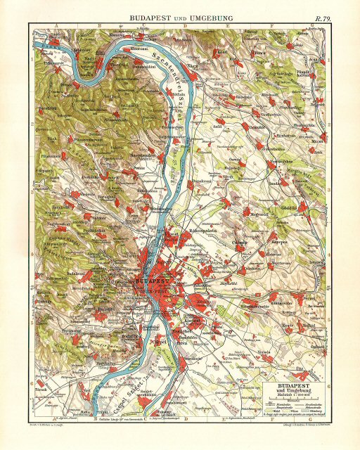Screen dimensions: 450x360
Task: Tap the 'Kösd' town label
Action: (x=222, y=51)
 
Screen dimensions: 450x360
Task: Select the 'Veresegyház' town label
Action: (x=272, y=161)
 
